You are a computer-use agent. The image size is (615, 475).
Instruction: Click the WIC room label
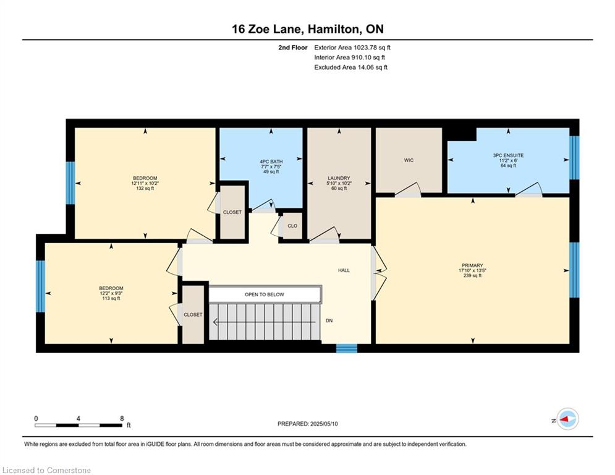point(409,160)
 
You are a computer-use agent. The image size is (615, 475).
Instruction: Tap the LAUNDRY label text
point(339,178)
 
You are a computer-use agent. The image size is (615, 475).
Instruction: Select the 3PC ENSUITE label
point(508,155)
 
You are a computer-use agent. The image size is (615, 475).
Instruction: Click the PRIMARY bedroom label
point(472,265)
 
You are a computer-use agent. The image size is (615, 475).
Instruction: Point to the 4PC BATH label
point(271,162)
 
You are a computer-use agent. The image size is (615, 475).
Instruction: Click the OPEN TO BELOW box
point(265,294)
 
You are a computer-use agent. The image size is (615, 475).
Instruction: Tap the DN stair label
point(329,321)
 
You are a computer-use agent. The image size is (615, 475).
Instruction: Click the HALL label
point(344,270)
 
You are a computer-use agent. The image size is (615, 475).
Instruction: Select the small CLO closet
point(292,226)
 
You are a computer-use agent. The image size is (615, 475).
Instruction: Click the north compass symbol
point(567,419)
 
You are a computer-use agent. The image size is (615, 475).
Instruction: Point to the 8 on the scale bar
point(122,419)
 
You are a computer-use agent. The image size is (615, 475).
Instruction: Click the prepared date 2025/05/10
point(324,424)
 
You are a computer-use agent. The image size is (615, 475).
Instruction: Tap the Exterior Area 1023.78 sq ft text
point(352,48)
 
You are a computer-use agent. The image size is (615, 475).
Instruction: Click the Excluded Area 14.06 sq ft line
point(350,67)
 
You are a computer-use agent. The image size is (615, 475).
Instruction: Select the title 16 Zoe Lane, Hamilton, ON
point(308,29)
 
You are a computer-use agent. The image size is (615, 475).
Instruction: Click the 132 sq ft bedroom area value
point(145,189)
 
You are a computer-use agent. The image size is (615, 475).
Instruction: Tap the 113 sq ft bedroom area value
point(111,298)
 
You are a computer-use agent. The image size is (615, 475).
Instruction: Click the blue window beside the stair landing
point(347,348)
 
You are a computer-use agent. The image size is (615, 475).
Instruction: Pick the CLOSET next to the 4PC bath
point(232,212)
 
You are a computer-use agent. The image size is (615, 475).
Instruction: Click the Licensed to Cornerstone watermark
point(46,470)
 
